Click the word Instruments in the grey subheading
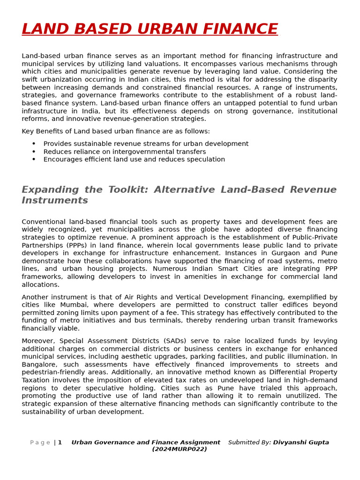click(x=55, y=201)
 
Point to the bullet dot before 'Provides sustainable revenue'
click(x=34, y=144)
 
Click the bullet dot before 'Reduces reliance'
click(x=34, y=152)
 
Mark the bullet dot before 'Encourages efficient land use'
click(x=34, y=159)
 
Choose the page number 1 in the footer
click(x=60, y=442)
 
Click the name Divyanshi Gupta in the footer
click(x=301, y=442)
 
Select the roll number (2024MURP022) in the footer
click(x=180, y=449)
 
